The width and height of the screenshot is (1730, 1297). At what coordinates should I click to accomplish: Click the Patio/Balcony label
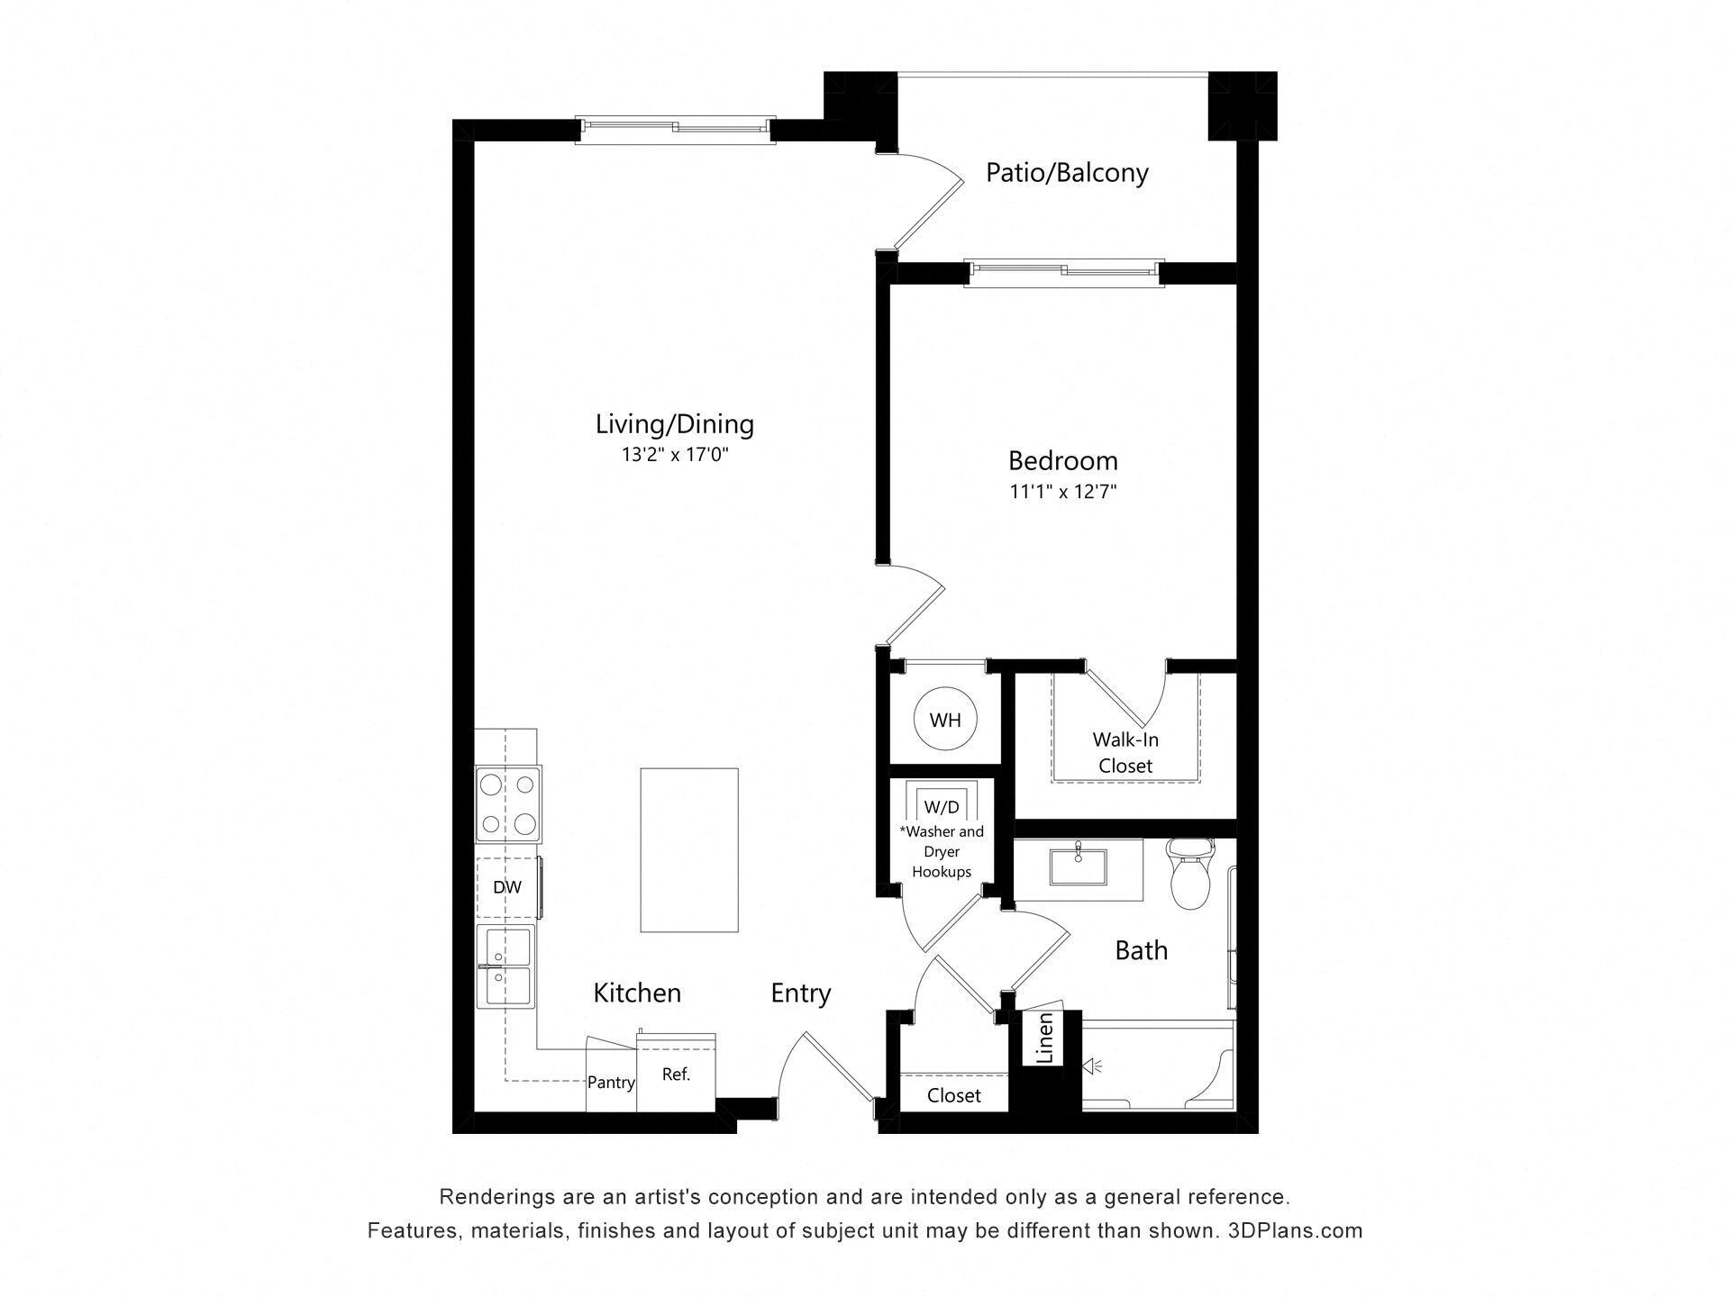click(1067, 172)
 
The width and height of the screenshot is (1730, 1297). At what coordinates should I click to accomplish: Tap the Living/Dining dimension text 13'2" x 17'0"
click(674, 454)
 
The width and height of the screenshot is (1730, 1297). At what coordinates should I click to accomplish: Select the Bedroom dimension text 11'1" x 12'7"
click(1063, 491)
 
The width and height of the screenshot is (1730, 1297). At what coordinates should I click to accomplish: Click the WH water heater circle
click(944, 720)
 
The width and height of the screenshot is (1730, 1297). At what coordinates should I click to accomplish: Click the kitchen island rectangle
click(689, 849)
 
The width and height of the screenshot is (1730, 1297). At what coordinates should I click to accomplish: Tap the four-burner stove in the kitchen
click(508, 804)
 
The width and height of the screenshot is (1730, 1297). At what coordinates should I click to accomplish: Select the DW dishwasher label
click(507, 887)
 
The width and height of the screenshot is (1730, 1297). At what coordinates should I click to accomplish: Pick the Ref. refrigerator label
click(676, 1074)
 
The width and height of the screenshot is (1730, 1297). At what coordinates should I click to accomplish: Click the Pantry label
click(611, 1083)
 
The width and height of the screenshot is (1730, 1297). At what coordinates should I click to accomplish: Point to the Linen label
click(1044, 1039)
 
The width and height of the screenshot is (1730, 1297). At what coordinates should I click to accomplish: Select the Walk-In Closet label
click(1125, 752)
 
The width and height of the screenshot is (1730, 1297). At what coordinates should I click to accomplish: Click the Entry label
click(800, 993)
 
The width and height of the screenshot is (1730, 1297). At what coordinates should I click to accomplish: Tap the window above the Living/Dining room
click(675, 129)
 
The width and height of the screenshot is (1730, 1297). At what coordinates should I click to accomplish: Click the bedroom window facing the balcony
click(1063, 272)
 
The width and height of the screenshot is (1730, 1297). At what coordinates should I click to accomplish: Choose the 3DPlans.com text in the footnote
click(1295, 1230)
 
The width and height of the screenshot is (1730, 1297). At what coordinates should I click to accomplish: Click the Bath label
click(1141, 950)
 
